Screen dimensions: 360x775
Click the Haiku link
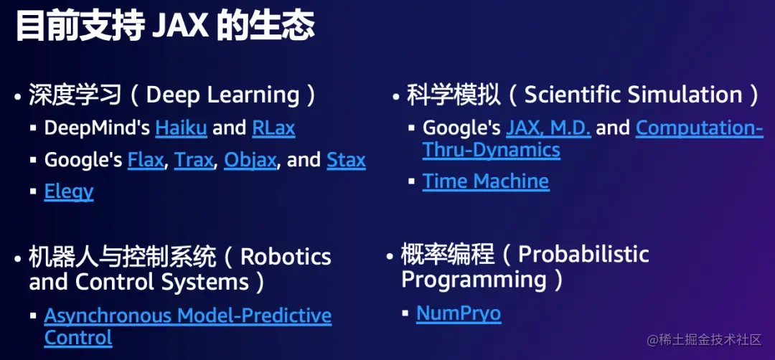click(181, 128)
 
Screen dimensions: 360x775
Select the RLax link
click(273, 128)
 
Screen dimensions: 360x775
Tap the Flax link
click(146, 160)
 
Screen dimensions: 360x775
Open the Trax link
click(194, 160)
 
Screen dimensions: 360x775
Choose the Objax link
click(250, 160)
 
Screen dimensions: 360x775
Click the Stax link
click(346, 160)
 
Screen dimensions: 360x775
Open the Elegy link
click(69, 191)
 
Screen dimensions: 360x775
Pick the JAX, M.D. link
click(548, 128)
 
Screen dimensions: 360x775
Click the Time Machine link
click(485, 181)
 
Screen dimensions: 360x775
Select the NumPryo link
click(459, 313)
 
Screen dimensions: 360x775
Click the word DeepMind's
click(98, 128)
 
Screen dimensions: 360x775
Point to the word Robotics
click(286, 257)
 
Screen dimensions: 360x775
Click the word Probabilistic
click(583, 254)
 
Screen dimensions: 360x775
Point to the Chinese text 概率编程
click(448, 254)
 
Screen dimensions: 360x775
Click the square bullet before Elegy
click(33, 191)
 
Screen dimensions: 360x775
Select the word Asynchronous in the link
click(108, 316)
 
